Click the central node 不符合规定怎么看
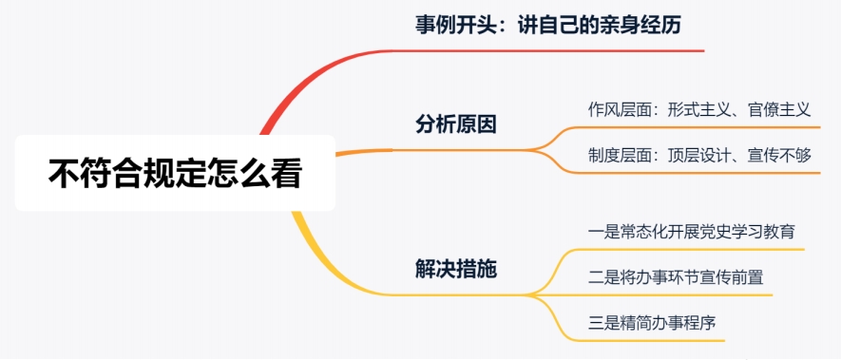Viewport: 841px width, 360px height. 175,174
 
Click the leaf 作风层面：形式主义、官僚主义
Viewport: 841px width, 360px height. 698,109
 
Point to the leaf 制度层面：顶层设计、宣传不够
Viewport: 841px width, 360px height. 698,155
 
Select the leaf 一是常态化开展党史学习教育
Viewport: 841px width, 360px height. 692,231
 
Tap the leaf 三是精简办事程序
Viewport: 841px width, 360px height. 651,322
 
